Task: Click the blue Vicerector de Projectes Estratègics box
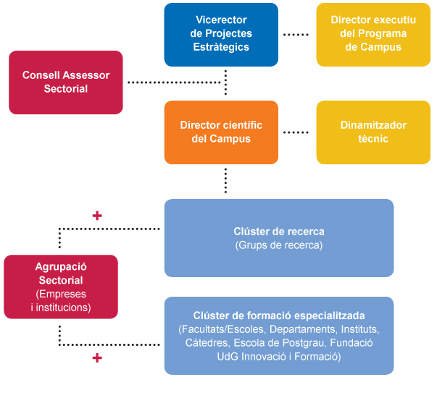pyautogui.click(x=221, y=35)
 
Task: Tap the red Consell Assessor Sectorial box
pyautogui.click(x=65, y=82)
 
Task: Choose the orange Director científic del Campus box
pyautogui.click(x=221, y=132)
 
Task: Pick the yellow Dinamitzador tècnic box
pyautogui.click(x=373, y=132)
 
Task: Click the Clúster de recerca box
pyautogui.click(x=279, y=238)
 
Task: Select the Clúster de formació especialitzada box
pyautogui.click(x=279, y=336)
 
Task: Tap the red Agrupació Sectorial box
pyautogui.click(x=60, y=287)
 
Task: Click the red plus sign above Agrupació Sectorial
pyautogui.click(x=97, y=215)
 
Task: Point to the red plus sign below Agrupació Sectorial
pyautogui.click(x=97, y=358)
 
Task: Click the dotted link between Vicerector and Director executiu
pyautogui.click(x=296, y=35)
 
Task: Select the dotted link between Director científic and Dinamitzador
pyautogui.click(x=296, y=132)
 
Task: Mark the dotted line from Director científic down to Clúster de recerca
pyautogui.click(x=226, y=181)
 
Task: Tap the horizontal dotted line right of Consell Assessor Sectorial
pyautogui.click(x=174, y=83)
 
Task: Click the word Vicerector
pyautogui.click(x=221, y=20)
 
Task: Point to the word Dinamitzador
pyautogui.click(x=373, y=125)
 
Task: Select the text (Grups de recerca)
pyautogui.click(x=279, y=245)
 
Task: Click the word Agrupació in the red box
pyautogui.click(x=60, y=266)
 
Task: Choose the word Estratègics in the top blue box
pyautogui.click(x=221, y=47)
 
